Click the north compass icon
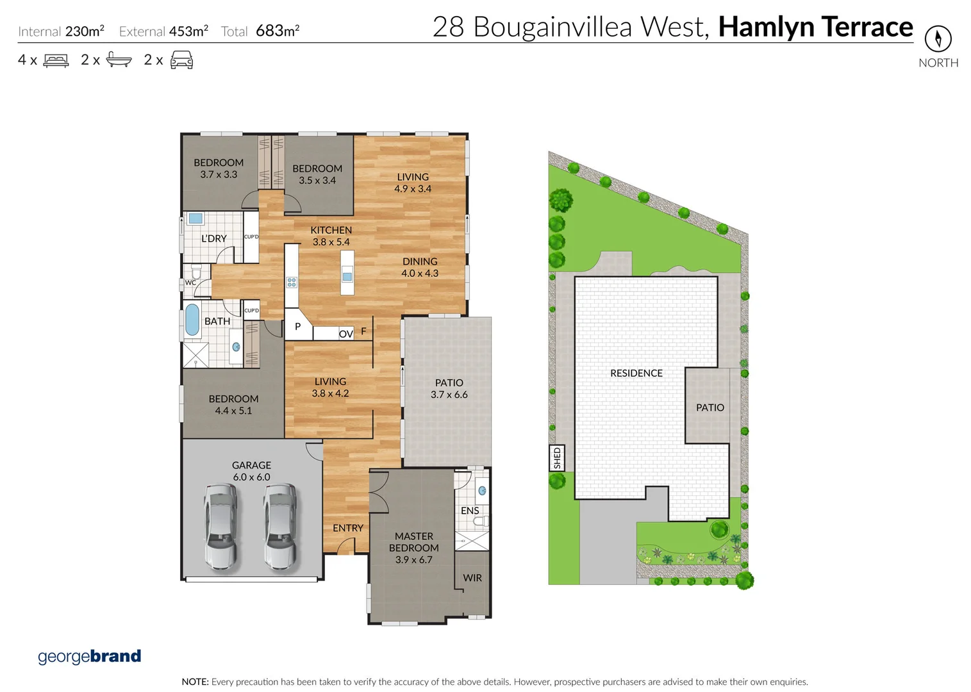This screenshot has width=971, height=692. pyautogui.click(x=938, y=38)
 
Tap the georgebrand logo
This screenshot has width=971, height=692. pyautogui.click(x=89, y=656)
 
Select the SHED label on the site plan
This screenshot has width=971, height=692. pyautogui.click(x=557, y=457)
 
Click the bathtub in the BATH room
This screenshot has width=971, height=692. pyautogui.click(x=192, y=320)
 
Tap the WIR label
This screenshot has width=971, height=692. pyautogui.click(x=472, y=578)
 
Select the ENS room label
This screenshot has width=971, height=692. pyautogui.click(x=470, y=511)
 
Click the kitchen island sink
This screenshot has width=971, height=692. pyautogui.click(x=347, y=277)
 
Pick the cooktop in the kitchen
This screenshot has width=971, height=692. pyautogui.click(x=292, y=282)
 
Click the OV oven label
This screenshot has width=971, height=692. pyautogui.click(x=346, y=334)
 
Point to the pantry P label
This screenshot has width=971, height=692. pyautogui.click(x=297, y=327)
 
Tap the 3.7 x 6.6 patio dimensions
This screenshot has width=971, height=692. pyautogui.click(x=449, y=395)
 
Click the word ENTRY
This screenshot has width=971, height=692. pyautogui.click(x=348, y=528)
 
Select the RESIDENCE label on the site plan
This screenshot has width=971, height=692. pyautogui.click(x=636, y=373)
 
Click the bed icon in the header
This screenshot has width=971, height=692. pyautogui.click(x=56, y=61)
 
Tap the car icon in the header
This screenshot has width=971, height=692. pyautogui.click(x=181, y=60)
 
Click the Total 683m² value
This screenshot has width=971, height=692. pyautogui.click(x=277, y=31)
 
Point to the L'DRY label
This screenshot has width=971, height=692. pyautogui.click(x=213, y=238)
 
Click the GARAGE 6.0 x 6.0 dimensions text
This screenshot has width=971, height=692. pyautogui.click(x=251, y=477)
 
